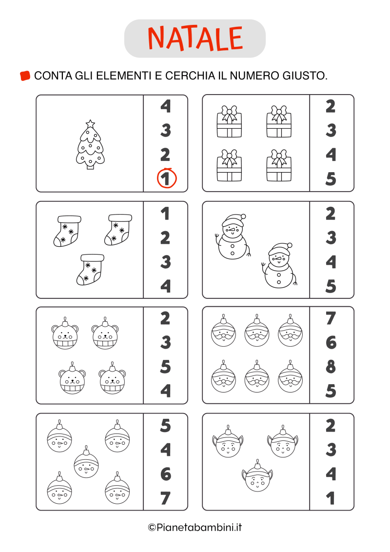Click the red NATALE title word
(x=195, y=39)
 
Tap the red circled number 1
(x=166, y=178)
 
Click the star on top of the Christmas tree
(x=91, y=123)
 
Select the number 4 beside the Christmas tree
(x=165, y=106)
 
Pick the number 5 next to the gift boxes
(x=331, y=179)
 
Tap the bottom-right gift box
(x=279, y=165)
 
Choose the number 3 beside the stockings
(x=165, y=262)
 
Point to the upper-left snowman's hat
(x=234, y=219)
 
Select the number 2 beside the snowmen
(x=331, y=214)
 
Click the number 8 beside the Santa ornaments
(x=331, y=367)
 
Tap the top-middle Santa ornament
(x=257, y=331)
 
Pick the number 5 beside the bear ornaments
(x=165, y=367)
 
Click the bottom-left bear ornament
(x=72, y=378)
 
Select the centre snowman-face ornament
(x=86, y=462)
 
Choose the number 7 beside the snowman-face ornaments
(x=165, y=498)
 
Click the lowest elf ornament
(x=257, y=475)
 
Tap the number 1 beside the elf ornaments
(x=331, y=498)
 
